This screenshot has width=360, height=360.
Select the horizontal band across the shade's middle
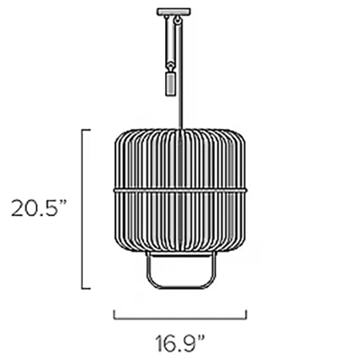(x=182, y=185)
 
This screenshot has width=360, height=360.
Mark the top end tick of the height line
(x=85, y=129)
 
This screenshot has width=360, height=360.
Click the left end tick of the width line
(x=115, y=315)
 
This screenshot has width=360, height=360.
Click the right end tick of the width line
(x=247, y=315)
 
